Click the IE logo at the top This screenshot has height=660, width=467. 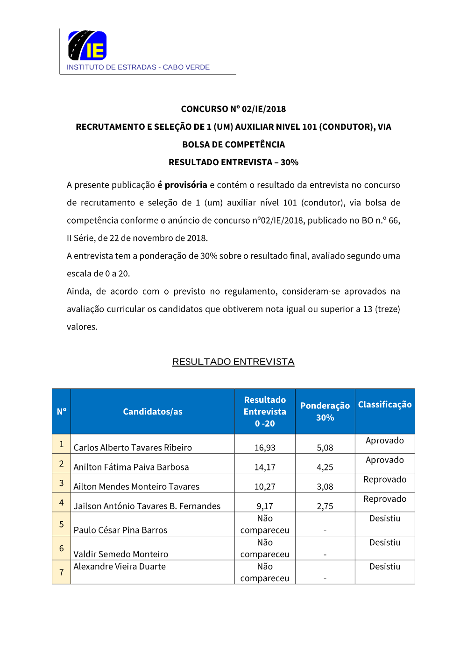tap(87, 45)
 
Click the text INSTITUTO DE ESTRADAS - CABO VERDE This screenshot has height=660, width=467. tap(138, 67)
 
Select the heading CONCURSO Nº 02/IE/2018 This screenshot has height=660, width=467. tap(233, 109)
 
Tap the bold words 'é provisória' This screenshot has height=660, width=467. tap(182, 185)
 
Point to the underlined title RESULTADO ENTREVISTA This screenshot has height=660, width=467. tap(233, 362)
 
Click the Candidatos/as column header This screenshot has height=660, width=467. tap(153, 412)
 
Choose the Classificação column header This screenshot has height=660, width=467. tap(385, 405)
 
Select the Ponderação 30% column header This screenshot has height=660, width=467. tap(325, 412)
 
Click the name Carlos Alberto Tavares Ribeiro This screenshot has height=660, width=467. tap(133, 448)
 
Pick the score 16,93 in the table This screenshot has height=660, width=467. tap(265, 448)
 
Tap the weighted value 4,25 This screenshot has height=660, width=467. tap(325, 467)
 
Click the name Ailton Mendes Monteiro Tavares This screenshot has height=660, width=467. tap(136, 486)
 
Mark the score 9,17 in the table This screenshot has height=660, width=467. tap(265, 506)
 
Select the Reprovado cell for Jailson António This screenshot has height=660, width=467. tap(385, 499)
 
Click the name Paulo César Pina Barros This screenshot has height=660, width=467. tap(120, 530)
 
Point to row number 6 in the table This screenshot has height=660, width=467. tap(61, 548)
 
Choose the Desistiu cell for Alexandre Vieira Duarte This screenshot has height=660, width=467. tap(385, 567)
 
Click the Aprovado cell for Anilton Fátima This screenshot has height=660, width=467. tap(385, 460)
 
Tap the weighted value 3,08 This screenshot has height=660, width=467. tap(325, 486)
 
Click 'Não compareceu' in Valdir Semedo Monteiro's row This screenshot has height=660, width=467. tap(265, 548)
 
